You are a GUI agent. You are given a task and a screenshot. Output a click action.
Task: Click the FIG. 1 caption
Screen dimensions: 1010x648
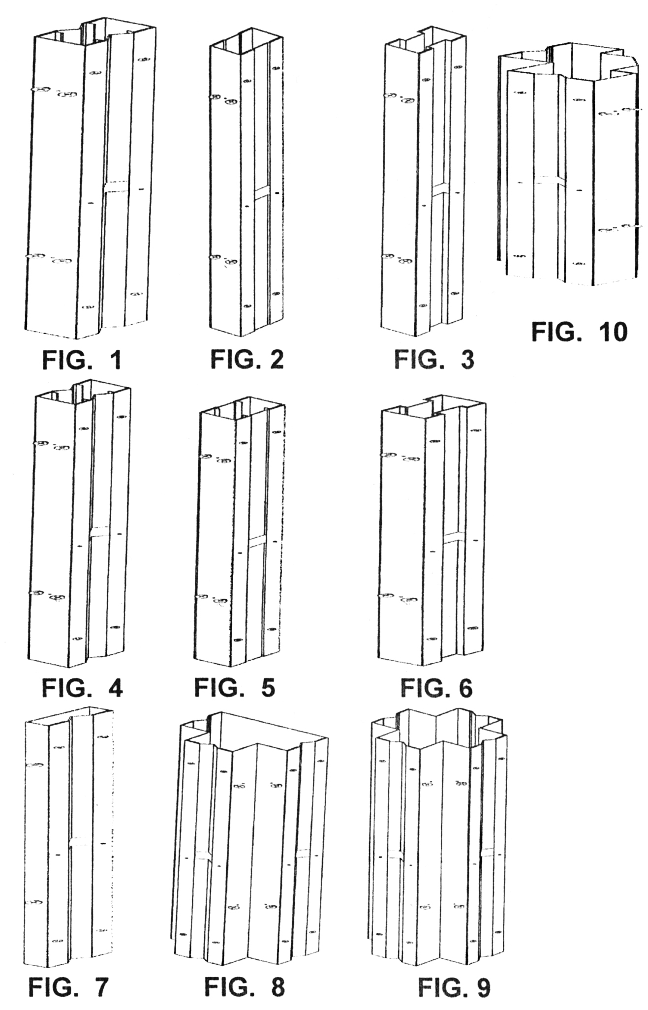pos(82,361)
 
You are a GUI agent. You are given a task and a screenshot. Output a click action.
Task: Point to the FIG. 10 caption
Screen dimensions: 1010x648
pos(579,332)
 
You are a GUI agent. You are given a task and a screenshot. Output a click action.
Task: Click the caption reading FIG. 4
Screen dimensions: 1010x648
pos(82,687)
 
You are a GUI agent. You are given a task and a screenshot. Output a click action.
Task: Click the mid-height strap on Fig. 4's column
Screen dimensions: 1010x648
pos(100,531)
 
